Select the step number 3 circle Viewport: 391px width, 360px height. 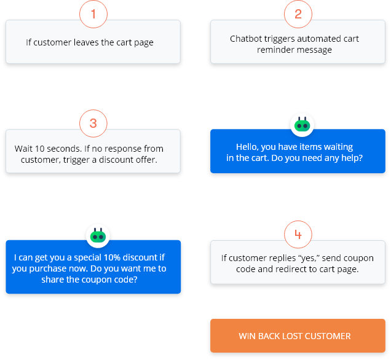[x=93, y=123]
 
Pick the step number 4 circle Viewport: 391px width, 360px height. [x=298, y=235]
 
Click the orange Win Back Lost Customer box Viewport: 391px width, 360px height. [x=298, y=336]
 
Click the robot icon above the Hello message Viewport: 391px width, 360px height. [x=301, y=125]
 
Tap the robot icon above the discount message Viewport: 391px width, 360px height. [x=98, y=236]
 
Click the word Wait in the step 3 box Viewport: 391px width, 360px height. [x=24, y=149]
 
